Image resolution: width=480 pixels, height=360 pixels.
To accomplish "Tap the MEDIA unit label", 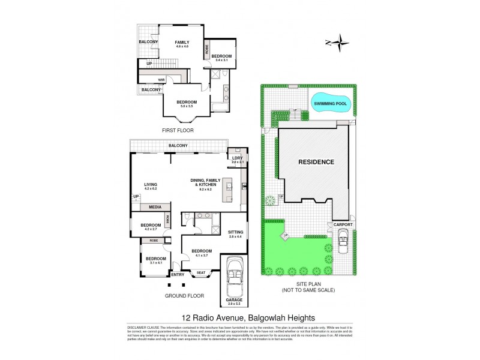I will [155, 207].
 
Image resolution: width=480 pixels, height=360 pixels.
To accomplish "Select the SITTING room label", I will [236, 232].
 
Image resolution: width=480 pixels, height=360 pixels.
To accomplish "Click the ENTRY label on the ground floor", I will [178, 274].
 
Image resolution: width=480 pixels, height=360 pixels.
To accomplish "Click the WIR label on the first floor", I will [161, 79].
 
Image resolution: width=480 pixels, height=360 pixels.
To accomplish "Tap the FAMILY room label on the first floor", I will [182, 43].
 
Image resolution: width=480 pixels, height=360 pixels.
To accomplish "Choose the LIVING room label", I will [150, 185].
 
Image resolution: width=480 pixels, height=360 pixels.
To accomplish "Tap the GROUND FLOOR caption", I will [184, 296].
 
